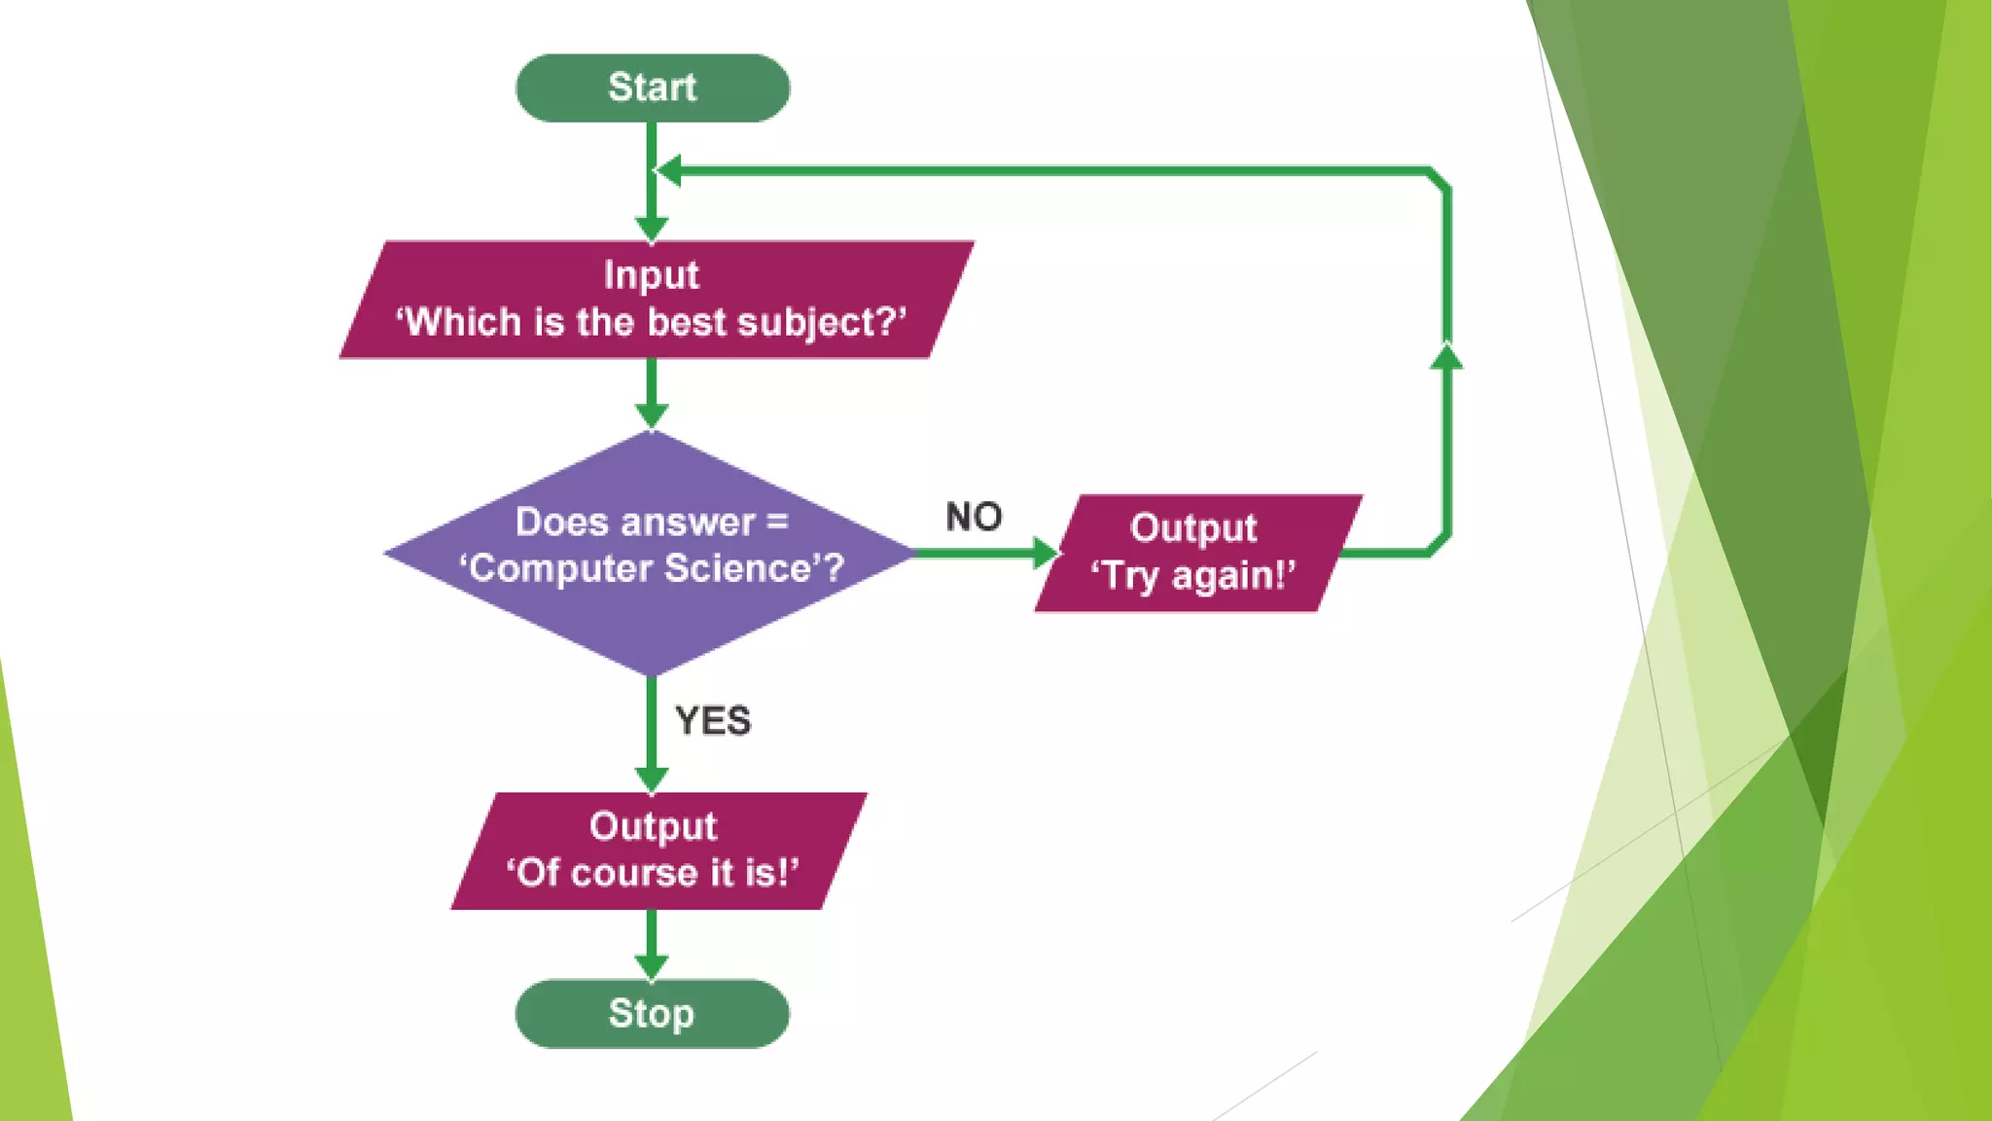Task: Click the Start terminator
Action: click(x=652, y=88)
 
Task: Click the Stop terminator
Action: click(x=652, y=1013)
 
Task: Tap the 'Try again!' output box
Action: click(x=1196, y=553)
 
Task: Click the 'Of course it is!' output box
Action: click(x=658, y=850)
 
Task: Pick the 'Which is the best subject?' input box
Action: click(x=656, y=300)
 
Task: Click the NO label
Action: click(x=974, y=517)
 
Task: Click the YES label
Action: click(x=713, y=721)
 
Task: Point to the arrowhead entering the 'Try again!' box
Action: click(x=1046, y=553)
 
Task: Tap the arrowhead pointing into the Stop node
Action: click(x=651, y=966)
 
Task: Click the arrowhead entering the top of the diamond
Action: click(x=651, y=416)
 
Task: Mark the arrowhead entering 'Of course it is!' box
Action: click(x=651, y=778)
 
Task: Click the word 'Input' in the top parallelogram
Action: click(x=651, y=275)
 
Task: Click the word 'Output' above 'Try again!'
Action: click(x=1193, y=528)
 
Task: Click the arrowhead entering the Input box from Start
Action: click(x=651, y=229)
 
